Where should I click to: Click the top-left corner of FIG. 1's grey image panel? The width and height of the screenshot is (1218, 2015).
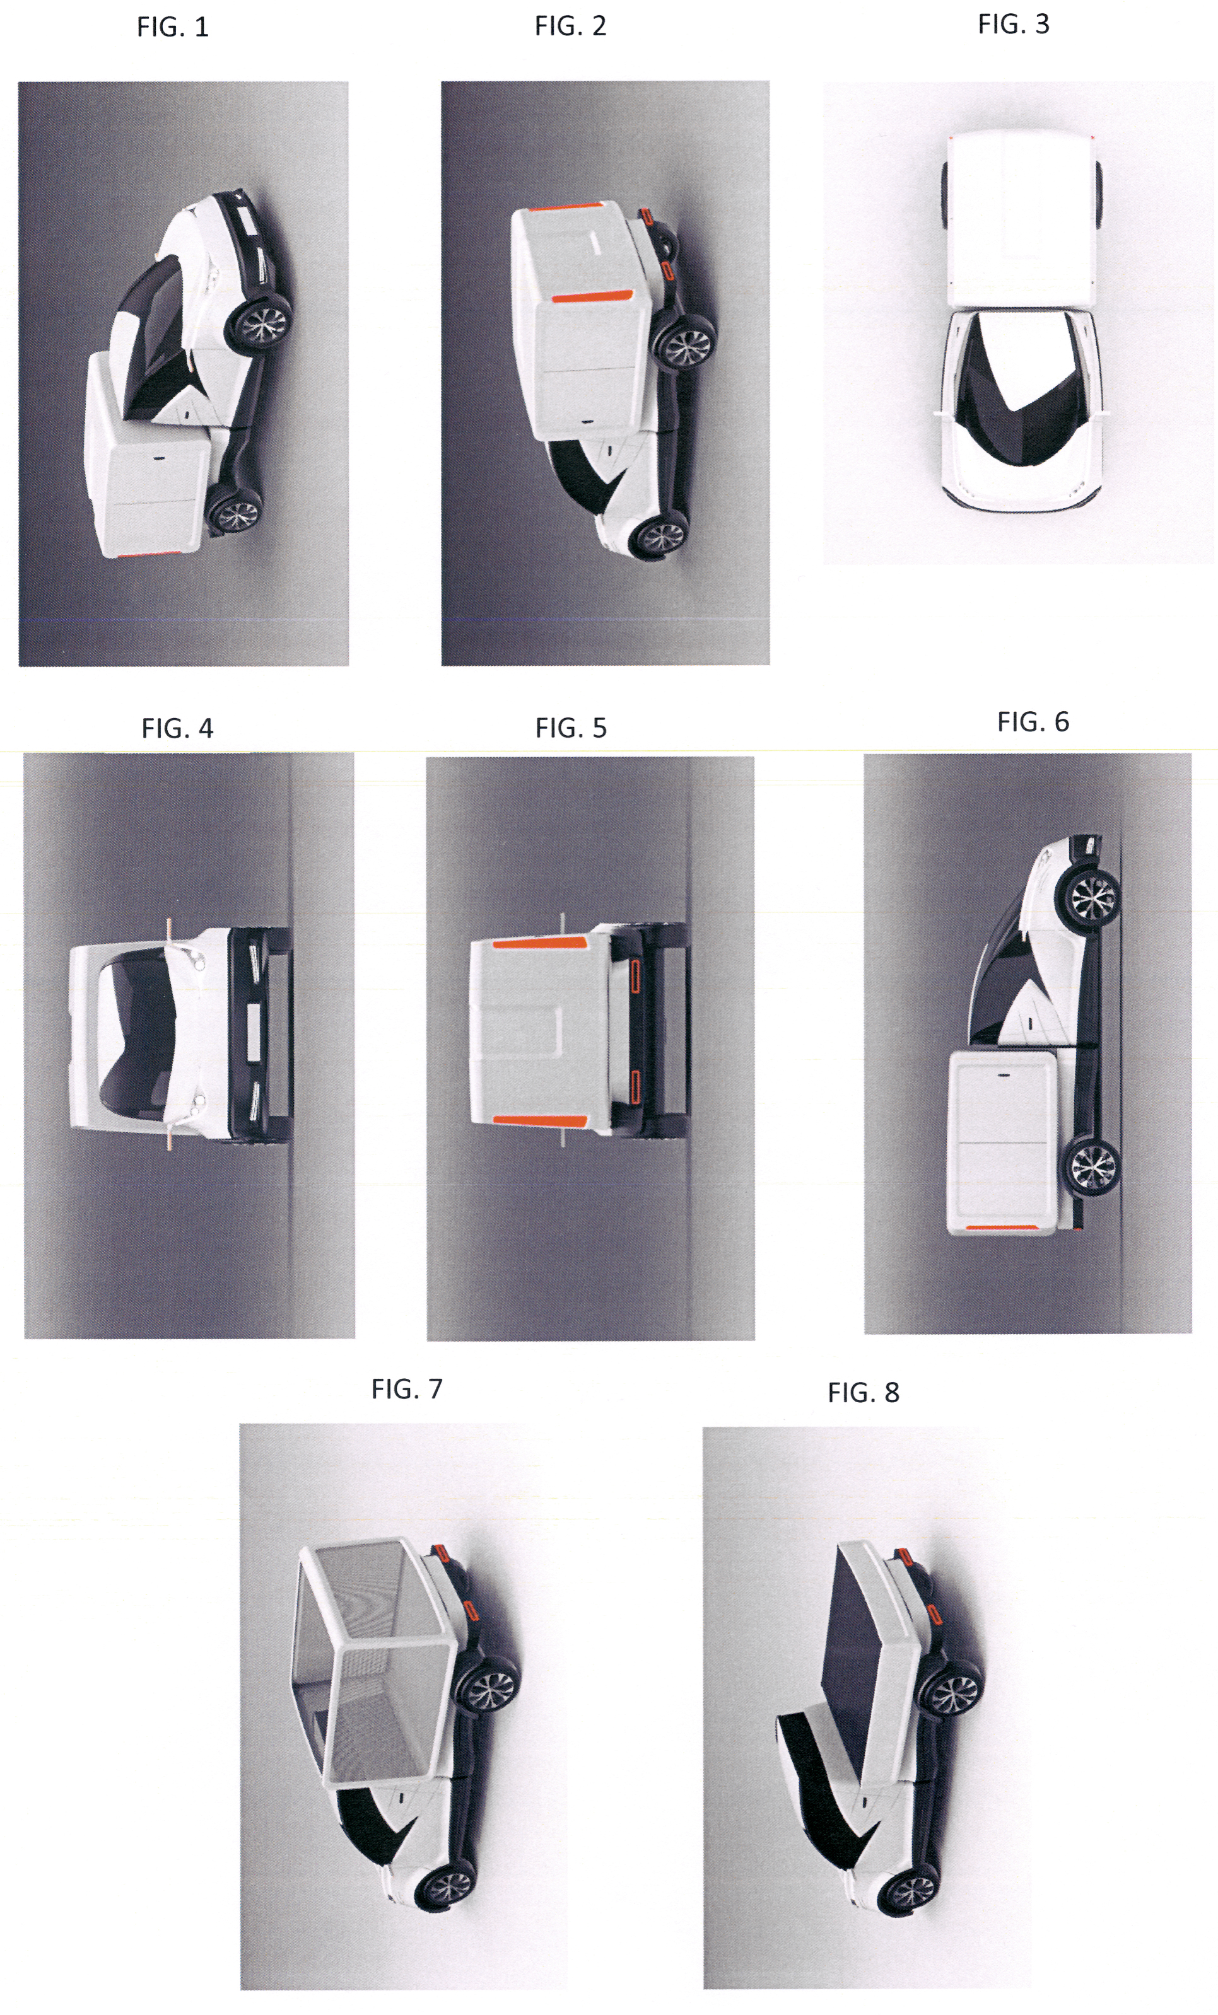pos(19,82)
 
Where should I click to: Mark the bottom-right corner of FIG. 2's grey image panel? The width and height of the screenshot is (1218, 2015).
pos(769,665)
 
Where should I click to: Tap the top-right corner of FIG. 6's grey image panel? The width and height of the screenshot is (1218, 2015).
pos(1191,754)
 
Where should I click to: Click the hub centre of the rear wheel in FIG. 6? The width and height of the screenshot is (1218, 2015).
pos(1092,1164)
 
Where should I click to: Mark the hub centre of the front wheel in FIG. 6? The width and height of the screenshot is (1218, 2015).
pos(1092,898)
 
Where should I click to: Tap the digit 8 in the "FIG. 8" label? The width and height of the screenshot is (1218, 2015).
pos(892,1393)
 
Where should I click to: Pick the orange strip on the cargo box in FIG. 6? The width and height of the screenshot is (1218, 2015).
pos(1003,1228)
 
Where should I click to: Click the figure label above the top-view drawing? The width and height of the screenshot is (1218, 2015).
pos(1014,25)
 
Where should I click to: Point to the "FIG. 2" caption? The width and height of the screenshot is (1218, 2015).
pos(570,26)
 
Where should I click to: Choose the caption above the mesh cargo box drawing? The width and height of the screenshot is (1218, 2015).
pos(407,1388)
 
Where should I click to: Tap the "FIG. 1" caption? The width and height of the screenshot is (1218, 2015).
pos(173,27)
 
